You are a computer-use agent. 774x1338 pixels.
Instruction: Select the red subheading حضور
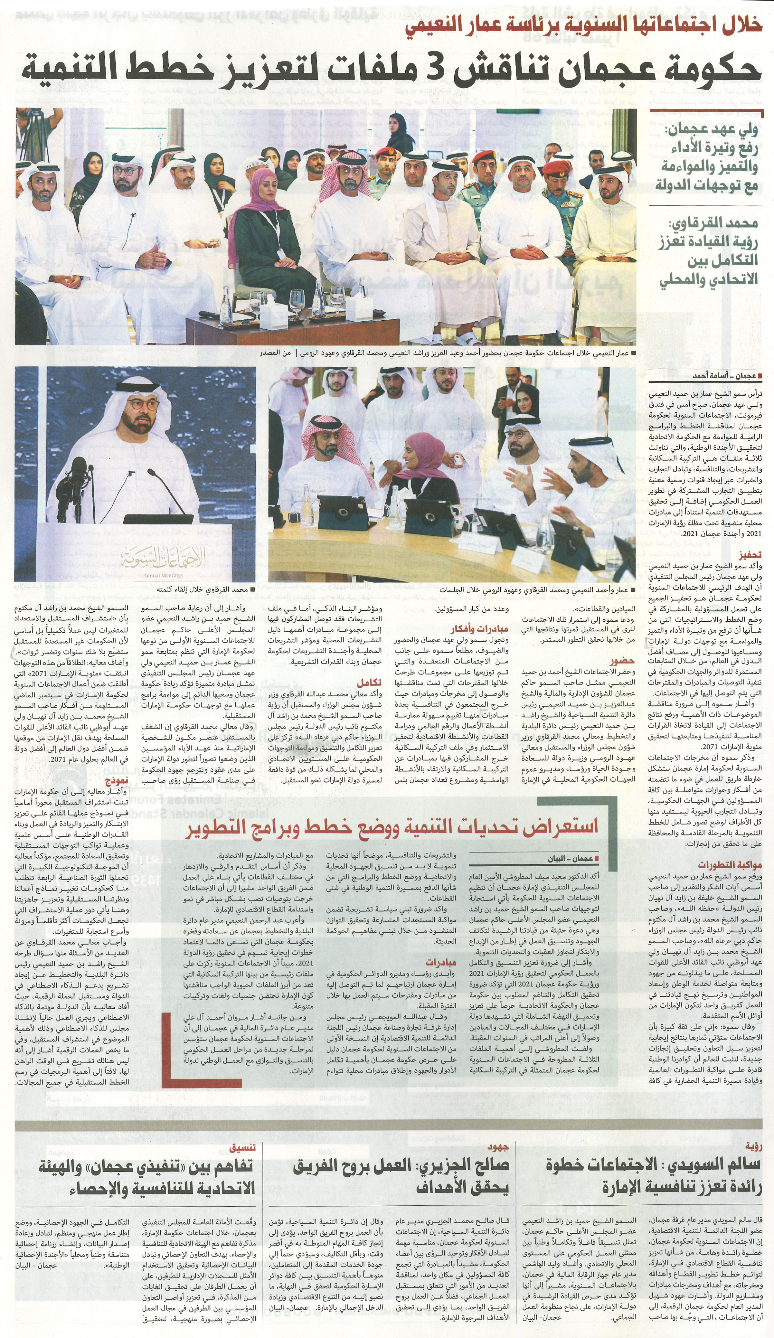point(623,661)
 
